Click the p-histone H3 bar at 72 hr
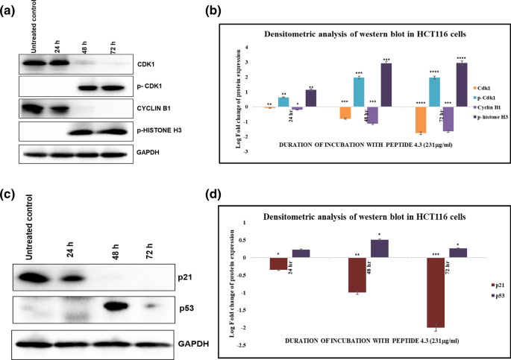(461, 85)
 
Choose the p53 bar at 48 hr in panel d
(380, 248)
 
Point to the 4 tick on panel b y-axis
(247, 47)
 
